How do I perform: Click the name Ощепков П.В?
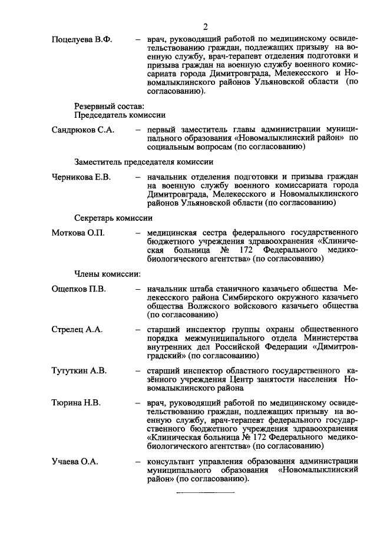78,289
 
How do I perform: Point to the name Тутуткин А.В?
79,370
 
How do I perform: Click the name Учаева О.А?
74,461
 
